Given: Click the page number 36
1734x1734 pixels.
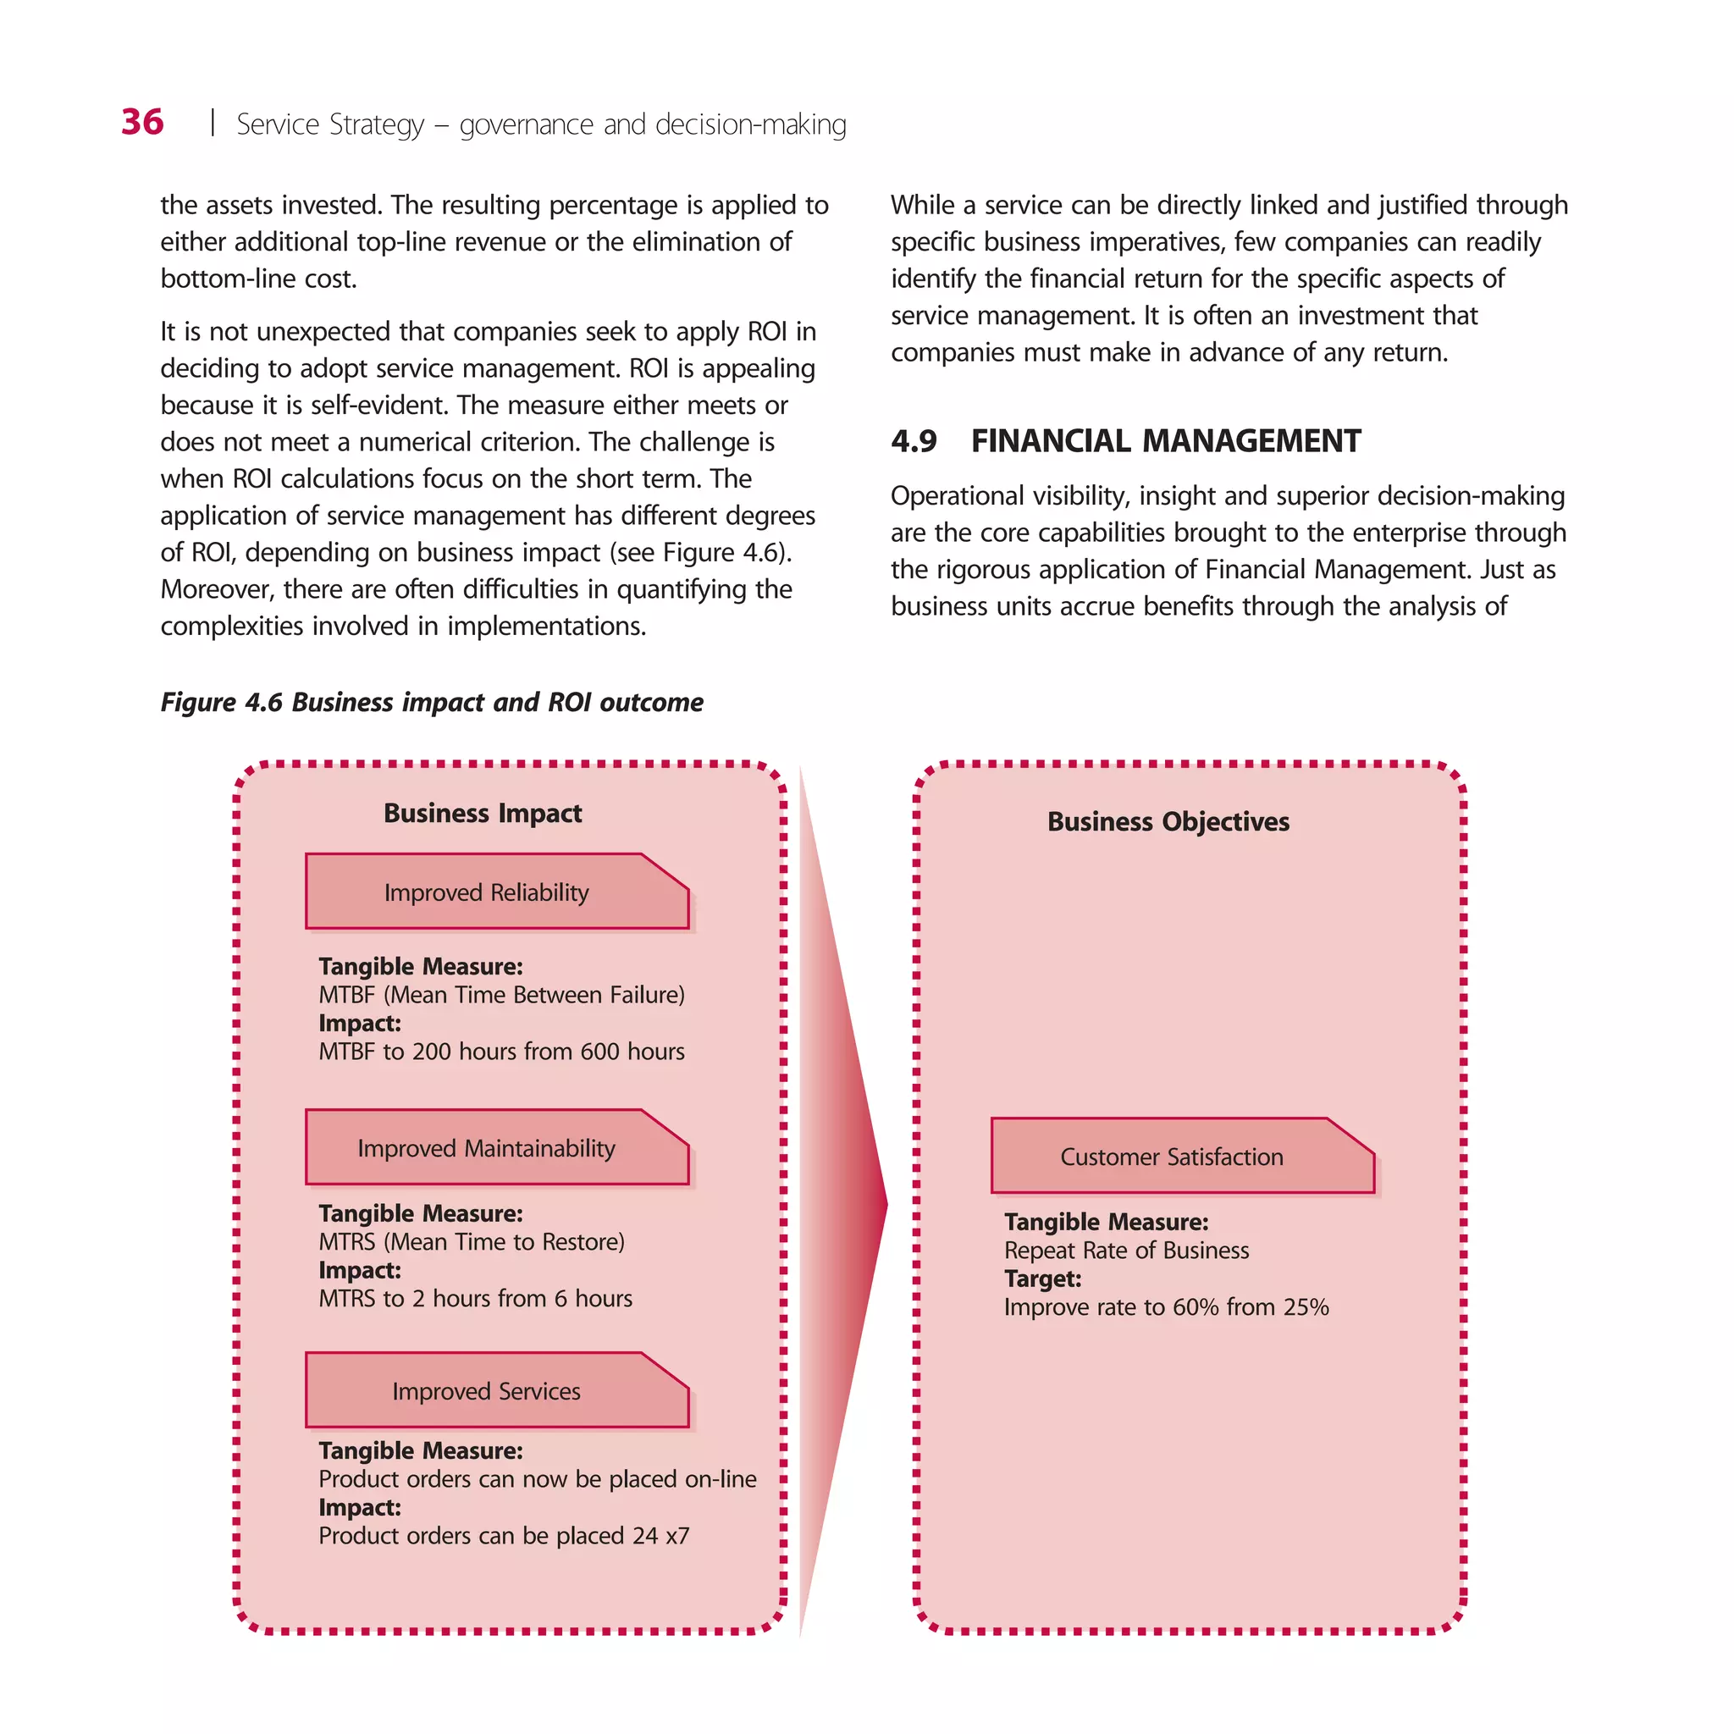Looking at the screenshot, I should pyautogui.click(x=143, y=122).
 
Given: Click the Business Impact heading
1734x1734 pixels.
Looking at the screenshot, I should pyautogui.click(x=482, y=813).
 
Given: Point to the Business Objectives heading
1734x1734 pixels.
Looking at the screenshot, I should pyautogui.click(x=1168, y=821).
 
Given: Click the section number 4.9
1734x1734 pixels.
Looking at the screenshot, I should pyautogui.click(x=914, y=440).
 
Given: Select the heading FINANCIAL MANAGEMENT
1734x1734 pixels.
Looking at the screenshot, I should pyautogui.click(x=1165, y=440).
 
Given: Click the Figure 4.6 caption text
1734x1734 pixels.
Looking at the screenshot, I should pyautogui.click(x=432, y=702).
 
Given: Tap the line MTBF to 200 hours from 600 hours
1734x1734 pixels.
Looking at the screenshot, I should pyautogui.click(x=501, y=1051).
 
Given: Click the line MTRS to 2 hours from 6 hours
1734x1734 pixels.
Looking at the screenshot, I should pyautogui.click(x=475, y=1298).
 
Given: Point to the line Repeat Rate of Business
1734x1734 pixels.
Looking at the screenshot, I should pyautogui.click(x=1126, y=1251).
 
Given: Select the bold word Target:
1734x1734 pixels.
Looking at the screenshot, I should pyautogui.click(x=1042, y=1278).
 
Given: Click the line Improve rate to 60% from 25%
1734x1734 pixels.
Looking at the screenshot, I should pyautogui.click(x=1166, y=1306).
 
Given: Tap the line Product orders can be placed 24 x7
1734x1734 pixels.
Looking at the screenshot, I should pyautogui.click(x=504, y=1536).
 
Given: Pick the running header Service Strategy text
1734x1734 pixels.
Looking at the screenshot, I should pyautogui.click(x=540, y=124).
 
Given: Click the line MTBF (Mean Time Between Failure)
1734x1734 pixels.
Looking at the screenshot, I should pyautogui.click(x=501, y=995).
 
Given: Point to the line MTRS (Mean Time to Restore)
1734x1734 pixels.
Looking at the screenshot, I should pyautogui.click(x=472, y=1241).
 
